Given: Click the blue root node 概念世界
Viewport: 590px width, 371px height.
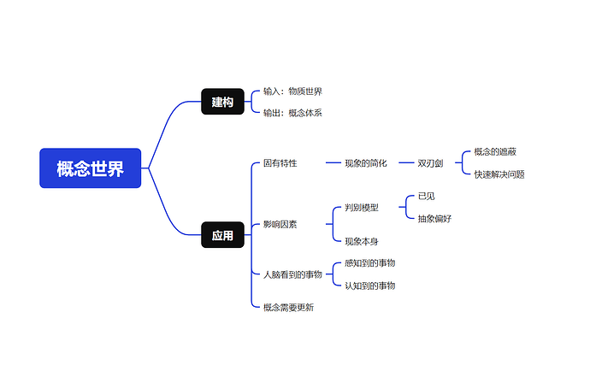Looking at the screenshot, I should [x=90, y=168].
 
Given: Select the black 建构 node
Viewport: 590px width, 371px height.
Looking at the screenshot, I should [x=222, y=102].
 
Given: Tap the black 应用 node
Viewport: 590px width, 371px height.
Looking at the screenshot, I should [x=222, y=235].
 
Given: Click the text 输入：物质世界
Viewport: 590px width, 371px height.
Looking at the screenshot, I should [x=292, y=91].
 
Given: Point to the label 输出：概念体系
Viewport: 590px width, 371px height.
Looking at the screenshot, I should [x=292, y=113].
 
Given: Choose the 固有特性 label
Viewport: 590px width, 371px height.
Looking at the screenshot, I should [x=280, y=162].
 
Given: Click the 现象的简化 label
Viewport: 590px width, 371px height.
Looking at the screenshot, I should [x=365, y=162].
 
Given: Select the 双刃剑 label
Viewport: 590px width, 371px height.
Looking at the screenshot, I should [x=432, y=162].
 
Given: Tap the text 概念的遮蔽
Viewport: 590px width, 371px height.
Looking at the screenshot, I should [x=495, y=151].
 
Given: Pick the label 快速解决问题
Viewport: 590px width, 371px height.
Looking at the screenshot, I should [x=499, y=174].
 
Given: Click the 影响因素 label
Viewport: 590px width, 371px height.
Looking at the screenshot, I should [x=280, y=224].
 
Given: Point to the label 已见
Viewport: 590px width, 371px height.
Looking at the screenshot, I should [x=426, y=196].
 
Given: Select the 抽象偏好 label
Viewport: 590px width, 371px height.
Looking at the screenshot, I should [x=434, y=218].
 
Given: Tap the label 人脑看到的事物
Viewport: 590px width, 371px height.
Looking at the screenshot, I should [x=292, y=274].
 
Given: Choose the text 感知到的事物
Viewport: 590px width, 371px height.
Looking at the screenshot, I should [x=369, y=263].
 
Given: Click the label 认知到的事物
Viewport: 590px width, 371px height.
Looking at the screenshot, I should [x=369, y=286].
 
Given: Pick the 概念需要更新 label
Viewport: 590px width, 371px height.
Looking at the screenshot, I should [x=288, y=307].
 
